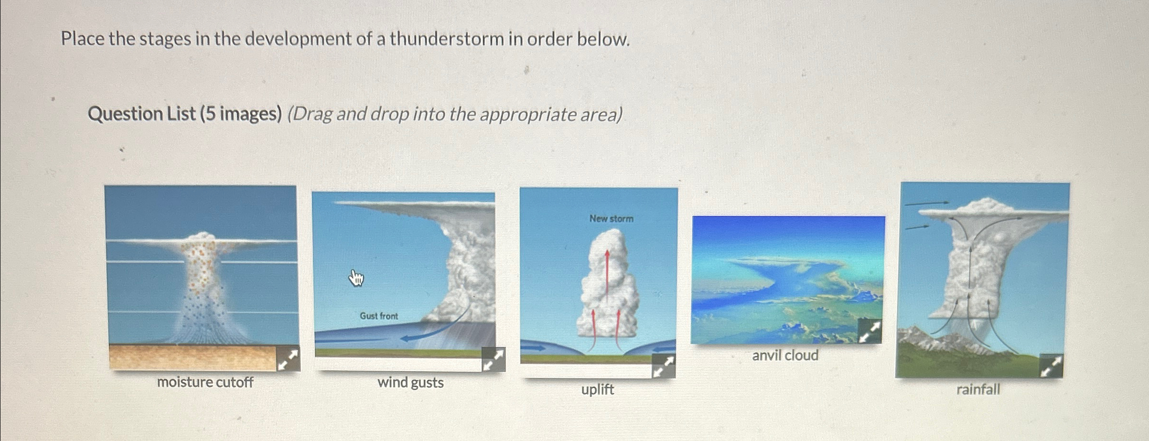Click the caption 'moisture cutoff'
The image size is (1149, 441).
click(x=205, y=382)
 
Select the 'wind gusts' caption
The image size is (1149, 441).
click(x=410, y=382)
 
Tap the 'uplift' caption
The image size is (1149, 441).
click(x=597, y=389)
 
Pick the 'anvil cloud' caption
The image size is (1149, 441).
click(x=785, y=355)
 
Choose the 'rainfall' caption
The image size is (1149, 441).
click(x=977, y=389)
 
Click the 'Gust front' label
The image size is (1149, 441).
click(x=378, y=316)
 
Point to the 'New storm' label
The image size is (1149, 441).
click(x=611, y=218)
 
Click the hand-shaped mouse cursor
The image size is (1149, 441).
click(x=356, y=278)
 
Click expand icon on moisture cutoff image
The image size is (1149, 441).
click(x=289, y=359)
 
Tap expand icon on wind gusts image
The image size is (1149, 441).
click(x=494, y=359)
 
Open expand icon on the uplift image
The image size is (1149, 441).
click(x=664, y=366)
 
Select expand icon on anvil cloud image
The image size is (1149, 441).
click(x=870, y=332)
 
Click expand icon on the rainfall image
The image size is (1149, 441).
click(x=1051, y=366)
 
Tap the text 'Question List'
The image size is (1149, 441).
click(x=141, y=114)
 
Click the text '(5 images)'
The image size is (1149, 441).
click(x=241, y=114)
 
